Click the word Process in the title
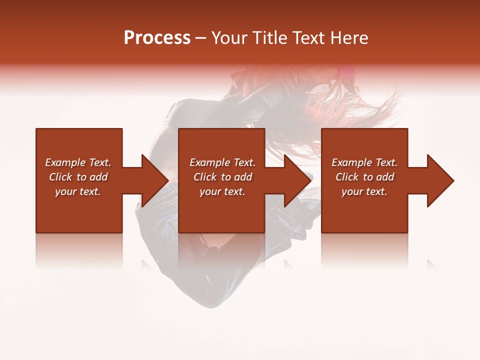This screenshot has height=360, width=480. [x=157, y=38]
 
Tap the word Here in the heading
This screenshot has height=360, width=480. [x=350, y=38]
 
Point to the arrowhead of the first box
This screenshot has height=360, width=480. [x=155, y=180]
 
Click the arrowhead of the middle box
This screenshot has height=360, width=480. [x=297, y=180]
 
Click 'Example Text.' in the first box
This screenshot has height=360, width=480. [x=78, y=162]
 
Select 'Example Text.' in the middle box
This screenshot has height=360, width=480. [x=222, y=162]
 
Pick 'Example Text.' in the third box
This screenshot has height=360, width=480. [x=364, y=162]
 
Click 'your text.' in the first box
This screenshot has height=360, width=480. [x=78, y=191]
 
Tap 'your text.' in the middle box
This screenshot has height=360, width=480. [x=222, y=191]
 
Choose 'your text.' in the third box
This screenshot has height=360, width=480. [x=364, y=191]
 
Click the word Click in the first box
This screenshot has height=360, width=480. [x=61, y=177]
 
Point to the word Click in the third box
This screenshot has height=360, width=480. [x=347, y=177]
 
